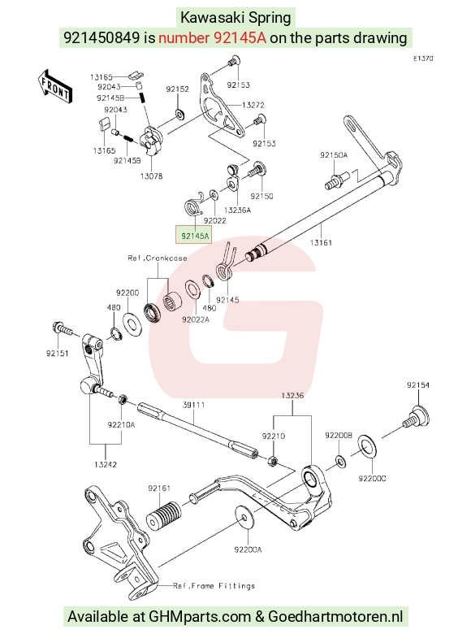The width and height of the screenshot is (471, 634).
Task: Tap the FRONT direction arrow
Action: tap(54, 88)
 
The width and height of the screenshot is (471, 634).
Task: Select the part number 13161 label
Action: tap(321, 242)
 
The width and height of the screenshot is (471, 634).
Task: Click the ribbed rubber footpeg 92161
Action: tap(163, 515)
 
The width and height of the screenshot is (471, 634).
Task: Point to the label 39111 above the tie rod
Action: tap(193, 405)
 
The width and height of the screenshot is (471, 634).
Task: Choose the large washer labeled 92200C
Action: tap(367, 447)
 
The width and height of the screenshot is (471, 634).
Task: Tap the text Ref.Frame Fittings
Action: tap(214, 585)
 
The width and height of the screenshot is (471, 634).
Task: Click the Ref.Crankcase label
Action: tap(157, 258)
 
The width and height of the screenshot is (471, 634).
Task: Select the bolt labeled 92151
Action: tap(63, 328)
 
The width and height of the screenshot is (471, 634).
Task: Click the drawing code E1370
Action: tap(423, 59)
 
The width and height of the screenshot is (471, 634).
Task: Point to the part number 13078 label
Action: tap(152, 176)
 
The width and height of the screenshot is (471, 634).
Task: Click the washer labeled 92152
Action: tap(179, 114)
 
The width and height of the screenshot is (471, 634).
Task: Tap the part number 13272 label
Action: tap(253, 105)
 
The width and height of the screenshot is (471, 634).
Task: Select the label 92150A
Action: tap(334, 155)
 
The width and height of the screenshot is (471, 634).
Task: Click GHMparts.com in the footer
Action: tap(200, 617)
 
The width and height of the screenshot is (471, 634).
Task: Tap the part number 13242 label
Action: tap(106, 465)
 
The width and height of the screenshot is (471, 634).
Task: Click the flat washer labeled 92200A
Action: tap(244, 516)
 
